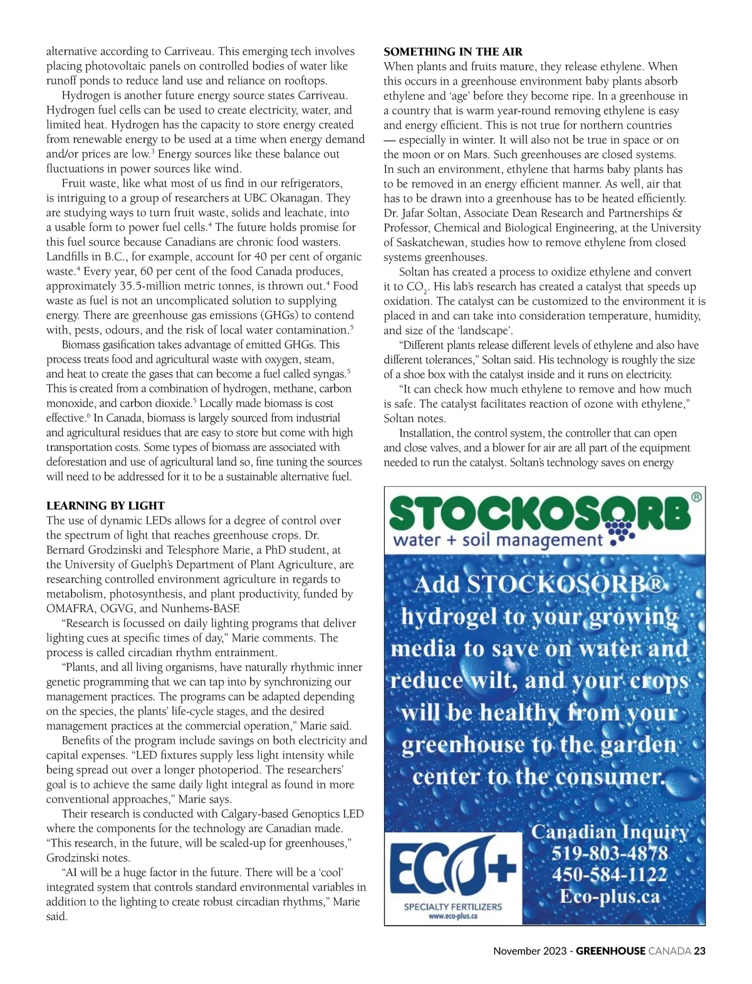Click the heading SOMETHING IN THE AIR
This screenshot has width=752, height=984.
click(453, 51)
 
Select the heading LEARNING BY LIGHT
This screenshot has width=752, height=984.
click(105, 505)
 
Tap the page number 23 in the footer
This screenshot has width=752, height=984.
click(699, 951)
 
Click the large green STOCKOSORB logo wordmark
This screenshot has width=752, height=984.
click(539, 514)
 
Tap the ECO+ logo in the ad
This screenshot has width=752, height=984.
click(453, 868)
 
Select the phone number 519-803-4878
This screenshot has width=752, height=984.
click(610, 854)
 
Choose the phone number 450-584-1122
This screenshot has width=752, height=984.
click(610, 875)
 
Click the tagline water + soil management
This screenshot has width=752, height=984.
click(498, 540)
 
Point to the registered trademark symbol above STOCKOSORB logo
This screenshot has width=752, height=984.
click(696, 497)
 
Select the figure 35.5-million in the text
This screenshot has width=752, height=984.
click(152, 286)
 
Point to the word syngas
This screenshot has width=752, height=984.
click(328, 374)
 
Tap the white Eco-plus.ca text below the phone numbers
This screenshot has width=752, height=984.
click(610, 897)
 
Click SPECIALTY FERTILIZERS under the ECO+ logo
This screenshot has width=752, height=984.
click(453, 907)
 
